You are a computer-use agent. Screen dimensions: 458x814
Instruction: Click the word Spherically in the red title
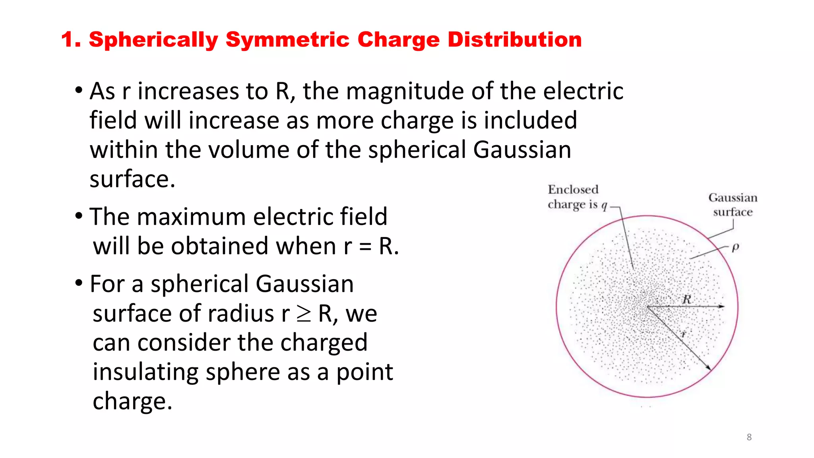153,40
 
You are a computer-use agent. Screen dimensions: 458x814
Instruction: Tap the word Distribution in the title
515,40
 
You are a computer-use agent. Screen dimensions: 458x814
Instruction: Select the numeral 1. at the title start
72,40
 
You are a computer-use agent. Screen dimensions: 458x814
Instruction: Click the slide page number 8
749,437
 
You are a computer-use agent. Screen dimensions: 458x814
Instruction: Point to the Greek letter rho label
735,247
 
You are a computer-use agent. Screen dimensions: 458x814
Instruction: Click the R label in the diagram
687,299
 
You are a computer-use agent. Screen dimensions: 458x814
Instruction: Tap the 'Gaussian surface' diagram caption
733,205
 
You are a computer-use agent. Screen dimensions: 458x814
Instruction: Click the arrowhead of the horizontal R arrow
721,307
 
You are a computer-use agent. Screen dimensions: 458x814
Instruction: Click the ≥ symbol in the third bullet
304,314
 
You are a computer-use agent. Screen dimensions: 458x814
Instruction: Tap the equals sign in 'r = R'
365,246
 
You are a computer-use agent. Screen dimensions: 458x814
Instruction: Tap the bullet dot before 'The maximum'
79,216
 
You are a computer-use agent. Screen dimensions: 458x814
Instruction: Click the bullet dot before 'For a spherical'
79,283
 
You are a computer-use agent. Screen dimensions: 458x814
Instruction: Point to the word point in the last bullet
364,373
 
